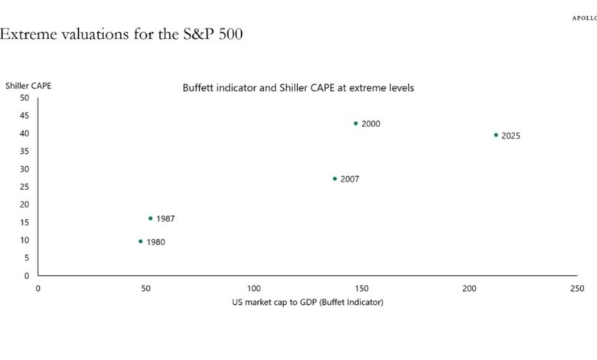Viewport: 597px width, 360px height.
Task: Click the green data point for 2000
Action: click(356, 123)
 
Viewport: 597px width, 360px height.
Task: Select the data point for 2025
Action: click(496, 135)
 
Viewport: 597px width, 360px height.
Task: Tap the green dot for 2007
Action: click(334, 178)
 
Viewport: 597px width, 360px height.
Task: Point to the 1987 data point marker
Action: click(150, 218)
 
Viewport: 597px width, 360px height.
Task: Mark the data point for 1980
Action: click(140, 241)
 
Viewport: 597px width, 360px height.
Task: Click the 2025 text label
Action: click(511, 136)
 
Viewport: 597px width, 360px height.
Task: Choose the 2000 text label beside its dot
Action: click(370, 124)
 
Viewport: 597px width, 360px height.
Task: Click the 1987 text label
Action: click(165, 219)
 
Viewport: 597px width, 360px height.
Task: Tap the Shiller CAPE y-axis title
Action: click(28, 86)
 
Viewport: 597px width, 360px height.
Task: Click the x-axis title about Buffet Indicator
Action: click(308, 303)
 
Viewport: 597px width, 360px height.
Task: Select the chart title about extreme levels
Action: click(298, 88)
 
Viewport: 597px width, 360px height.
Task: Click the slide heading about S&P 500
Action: click(122, 34)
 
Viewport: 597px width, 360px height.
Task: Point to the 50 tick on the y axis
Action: click(24, 98)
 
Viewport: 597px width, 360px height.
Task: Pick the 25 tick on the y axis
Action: click(24, 187)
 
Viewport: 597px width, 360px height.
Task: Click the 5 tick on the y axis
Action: click(27, 258)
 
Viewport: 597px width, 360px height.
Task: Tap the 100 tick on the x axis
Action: click(253, 288)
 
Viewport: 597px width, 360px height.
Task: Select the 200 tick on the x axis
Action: click(469, 288)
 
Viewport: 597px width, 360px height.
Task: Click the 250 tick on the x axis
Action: click(577, 288)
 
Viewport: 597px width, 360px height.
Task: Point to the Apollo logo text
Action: click(584, 18)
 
